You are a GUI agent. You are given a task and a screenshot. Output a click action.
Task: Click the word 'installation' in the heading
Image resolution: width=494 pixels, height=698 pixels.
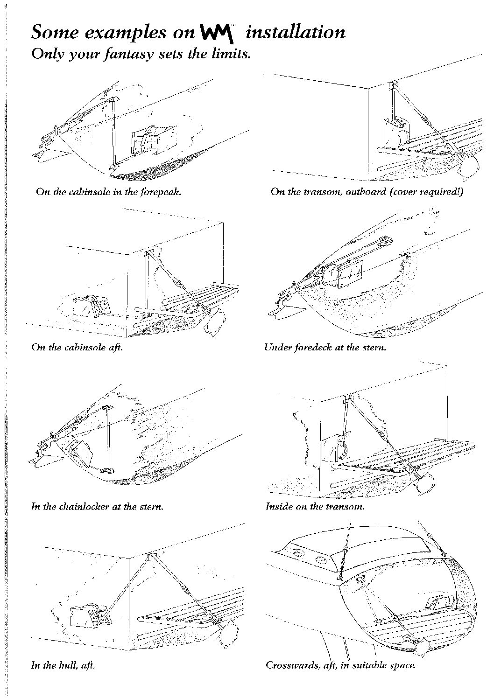coord(296,32)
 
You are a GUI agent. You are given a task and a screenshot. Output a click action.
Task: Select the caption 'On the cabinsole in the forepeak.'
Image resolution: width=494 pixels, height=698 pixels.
coord(108,191)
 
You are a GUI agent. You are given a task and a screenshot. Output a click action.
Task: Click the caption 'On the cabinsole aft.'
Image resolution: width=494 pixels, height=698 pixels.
coord(77,347)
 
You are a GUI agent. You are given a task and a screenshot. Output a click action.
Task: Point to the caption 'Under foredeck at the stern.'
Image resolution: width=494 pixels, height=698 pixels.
coord(325,347)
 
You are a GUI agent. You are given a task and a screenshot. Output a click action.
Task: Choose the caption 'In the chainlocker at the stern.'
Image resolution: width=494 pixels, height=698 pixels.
coord(97,506)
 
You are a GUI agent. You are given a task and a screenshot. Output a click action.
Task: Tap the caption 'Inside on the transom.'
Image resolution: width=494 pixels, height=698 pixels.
coord(315,506)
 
